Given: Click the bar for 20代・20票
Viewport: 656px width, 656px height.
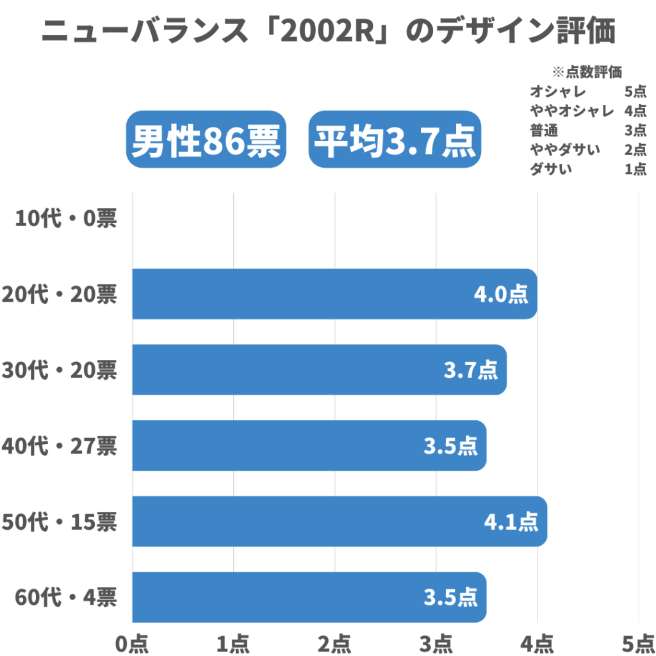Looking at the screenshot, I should (x=333, y=294).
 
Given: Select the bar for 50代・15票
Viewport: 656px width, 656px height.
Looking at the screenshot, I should (x=340, y=521).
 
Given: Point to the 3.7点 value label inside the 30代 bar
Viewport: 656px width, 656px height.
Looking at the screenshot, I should (x=471, y=370).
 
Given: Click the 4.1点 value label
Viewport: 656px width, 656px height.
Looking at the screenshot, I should (x=511, y=521).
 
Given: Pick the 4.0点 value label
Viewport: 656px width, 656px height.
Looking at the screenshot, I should (x=501, y=294).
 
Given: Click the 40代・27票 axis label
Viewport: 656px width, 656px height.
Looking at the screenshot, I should (x=59, y=446).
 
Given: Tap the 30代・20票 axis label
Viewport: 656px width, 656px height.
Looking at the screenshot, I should (x=59, y=370).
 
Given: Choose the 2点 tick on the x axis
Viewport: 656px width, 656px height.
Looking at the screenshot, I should (x=335, y=643).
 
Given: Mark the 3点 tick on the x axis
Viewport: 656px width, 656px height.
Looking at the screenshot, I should (x=436, y=643).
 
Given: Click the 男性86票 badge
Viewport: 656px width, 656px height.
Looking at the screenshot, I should (x=206, y=140).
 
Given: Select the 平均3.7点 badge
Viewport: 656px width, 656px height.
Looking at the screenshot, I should (x=395, y=140).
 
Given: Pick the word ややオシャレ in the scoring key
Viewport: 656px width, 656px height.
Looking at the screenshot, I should (x=572, y=111).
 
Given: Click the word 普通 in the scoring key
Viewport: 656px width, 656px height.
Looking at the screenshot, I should (x=544, y=130).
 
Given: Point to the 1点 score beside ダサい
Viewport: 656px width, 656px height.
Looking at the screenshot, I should (x=635, y=169).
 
